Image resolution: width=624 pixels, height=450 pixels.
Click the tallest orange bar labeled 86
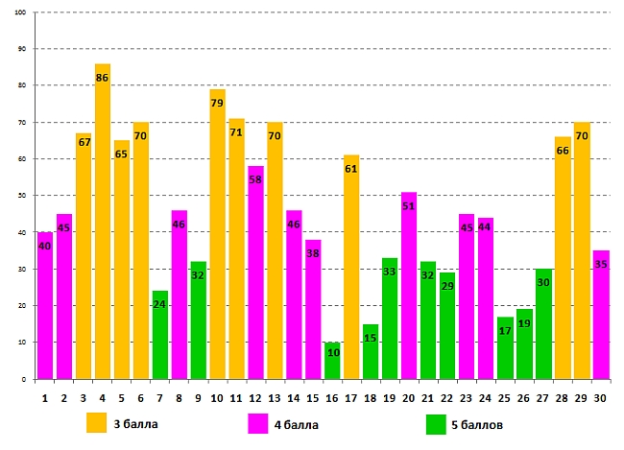[103, 221]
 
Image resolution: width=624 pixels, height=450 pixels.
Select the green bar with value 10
[332, 360]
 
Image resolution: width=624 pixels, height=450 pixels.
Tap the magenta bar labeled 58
[255, 272]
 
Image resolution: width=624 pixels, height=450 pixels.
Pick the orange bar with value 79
[217, 234]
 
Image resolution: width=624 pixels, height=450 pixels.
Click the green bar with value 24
[160, 335]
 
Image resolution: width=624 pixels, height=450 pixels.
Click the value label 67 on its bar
[84, 142]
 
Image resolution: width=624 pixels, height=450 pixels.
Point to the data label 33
[390, 272]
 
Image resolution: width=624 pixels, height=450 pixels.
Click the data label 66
[563, 151]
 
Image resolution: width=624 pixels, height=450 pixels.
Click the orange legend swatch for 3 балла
[96, 423]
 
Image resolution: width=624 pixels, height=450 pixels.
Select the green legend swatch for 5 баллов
[436, 423]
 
